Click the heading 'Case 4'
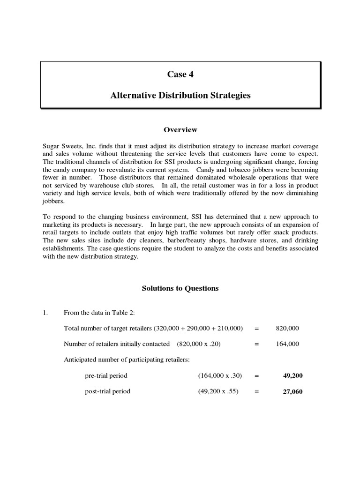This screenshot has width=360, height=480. [180, 74]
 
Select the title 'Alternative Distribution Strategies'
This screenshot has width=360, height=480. [180, 95]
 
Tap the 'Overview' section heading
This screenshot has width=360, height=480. [180, 129]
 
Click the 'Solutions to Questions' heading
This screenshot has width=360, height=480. [180, 288]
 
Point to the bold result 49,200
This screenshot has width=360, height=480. [293, 375]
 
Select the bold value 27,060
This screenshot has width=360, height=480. [293, 391]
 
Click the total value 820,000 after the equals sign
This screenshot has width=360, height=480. [287, 328]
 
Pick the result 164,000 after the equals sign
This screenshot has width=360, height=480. [287, 344]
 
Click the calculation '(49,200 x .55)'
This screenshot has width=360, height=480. [218, 391]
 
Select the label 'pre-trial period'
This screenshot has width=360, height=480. [106, 375]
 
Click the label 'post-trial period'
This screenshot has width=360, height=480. [107, 391]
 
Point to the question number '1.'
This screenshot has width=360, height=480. [45, 312]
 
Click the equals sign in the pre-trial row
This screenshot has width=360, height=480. [256, 375]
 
